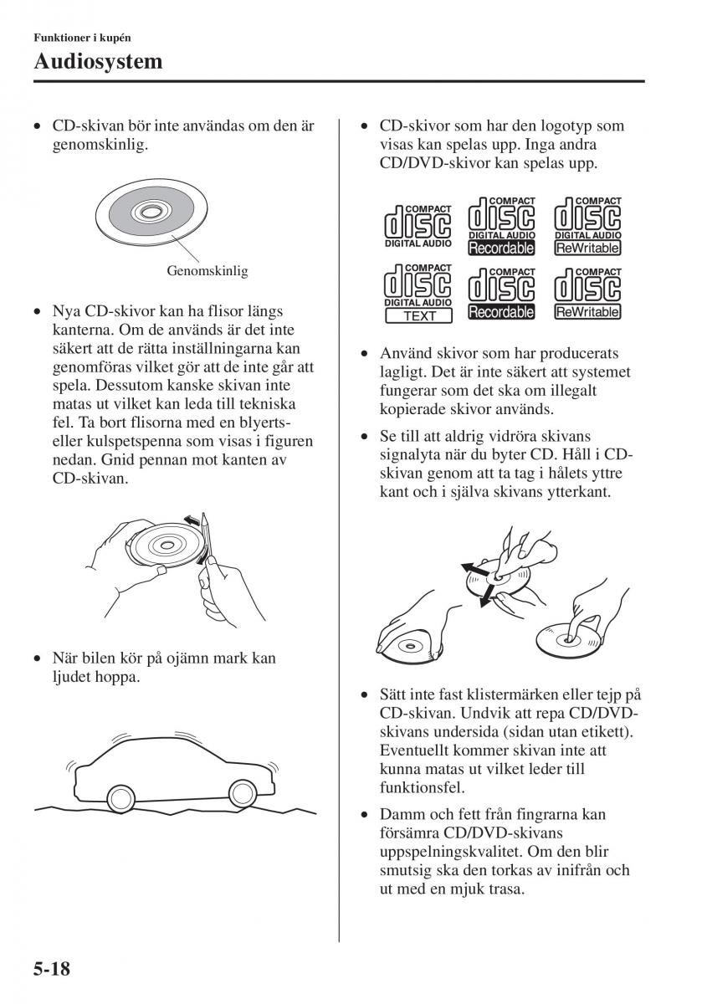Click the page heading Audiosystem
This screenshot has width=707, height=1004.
tap(98, 61)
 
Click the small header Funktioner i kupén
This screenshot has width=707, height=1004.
tap(82, 38)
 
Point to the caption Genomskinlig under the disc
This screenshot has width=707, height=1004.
tap(207, 271)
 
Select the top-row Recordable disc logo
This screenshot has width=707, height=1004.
tap(501, 225)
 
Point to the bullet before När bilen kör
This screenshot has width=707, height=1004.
tap(37, 658)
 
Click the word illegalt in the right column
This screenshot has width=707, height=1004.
tap(595, 391)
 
